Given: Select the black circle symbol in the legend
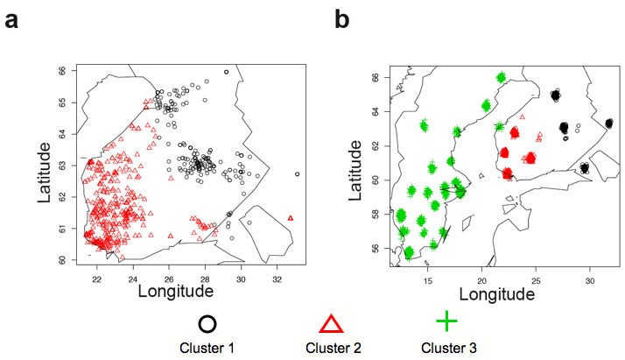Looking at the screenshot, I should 207,322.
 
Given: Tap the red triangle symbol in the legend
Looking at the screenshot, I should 330,322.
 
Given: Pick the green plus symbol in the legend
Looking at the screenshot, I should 446,321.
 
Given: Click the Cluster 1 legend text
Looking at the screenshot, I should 207,349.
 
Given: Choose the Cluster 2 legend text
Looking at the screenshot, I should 330,349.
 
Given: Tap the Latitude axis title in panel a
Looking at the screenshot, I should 44,166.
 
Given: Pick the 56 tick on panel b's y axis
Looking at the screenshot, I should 377,249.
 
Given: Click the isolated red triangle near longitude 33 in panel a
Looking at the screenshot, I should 291,217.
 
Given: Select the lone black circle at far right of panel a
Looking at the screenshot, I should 298,174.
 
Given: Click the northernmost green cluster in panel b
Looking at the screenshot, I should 501,78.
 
